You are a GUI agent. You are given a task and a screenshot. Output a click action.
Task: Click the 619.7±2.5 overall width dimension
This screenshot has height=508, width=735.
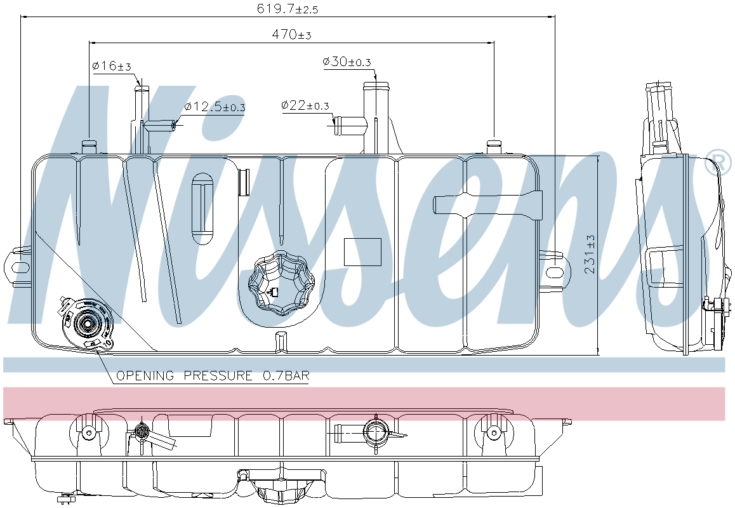click(x=288, y=9)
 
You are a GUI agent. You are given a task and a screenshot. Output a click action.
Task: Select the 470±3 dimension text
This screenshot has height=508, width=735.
click(x=291, y=34)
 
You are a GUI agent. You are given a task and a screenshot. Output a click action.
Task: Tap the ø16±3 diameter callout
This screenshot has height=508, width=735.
click(x=112, y=66)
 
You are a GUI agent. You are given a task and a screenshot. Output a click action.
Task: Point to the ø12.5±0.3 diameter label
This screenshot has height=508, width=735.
click(x=215, y=107)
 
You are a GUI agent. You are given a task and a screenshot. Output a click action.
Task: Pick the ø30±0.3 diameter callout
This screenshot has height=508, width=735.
click(x=347, y=62)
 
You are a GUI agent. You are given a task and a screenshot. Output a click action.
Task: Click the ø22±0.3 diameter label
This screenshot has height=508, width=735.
click(x=305, y=105)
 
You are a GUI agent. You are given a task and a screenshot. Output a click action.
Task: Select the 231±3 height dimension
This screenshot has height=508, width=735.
click(x=590, y=254)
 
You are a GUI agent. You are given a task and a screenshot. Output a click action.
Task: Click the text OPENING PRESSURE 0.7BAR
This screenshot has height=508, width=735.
click(x=213, y=376)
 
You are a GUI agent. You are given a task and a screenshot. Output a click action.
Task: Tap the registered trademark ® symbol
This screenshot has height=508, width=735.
click(x=722, y=161)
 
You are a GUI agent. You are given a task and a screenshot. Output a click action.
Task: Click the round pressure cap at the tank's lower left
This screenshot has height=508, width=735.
click(x=87, y=324)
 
